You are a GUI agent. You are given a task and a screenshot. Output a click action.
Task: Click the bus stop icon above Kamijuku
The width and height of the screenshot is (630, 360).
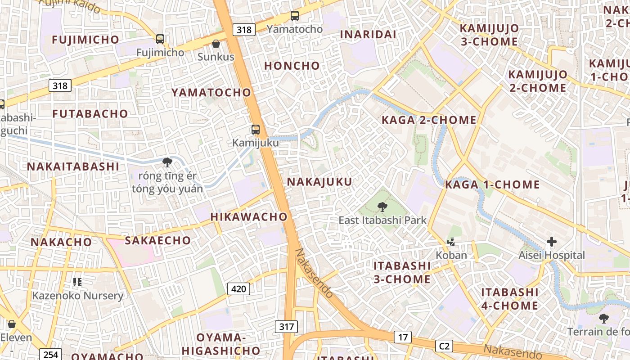[x=256, y=130]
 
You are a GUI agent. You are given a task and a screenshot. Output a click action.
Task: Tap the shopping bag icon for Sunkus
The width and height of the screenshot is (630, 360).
[x=216, y=44]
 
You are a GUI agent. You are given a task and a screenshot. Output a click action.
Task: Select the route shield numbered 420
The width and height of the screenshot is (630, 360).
[x=238, y=288]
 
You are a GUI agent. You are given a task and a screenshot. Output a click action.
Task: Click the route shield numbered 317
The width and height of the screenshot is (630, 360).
[x=286, y=326]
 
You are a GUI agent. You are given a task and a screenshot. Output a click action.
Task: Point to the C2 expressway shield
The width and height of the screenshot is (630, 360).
[x=444, y=346]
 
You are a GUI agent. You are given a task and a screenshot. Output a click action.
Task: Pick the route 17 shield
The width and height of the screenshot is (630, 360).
[x=402, y=337]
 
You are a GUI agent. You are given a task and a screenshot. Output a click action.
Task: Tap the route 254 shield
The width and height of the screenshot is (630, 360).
[x=50, y=355]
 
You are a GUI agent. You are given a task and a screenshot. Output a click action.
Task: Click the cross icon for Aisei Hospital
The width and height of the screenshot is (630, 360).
[x=551, y=242]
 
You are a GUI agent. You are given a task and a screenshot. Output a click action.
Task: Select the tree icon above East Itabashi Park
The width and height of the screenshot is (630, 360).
[x=382, y=207]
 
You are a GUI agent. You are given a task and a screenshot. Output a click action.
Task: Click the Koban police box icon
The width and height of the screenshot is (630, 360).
[x=451, y=242]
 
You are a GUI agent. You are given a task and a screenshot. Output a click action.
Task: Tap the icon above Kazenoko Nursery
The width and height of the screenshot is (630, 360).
[x=77, y=282]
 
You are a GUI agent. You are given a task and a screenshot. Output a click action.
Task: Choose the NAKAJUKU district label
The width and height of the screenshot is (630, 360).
[x=319, y=182]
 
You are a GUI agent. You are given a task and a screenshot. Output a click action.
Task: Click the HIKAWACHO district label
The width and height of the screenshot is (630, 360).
[x=249, y=216]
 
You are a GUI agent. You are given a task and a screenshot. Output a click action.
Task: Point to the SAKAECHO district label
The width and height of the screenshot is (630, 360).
[x=157, y=240]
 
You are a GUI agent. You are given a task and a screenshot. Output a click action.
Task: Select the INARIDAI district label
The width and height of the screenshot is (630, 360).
[x=368, y=35]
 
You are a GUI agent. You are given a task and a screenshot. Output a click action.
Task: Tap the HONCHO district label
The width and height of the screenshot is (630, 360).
[x=292, y=66]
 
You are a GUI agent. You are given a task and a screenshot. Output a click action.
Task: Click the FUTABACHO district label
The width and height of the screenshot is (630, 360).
[x=90, y=114]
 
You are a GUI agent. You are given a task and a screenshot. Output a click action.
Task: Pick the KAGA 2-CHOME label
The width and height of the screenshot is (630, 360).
[x=429, y=120]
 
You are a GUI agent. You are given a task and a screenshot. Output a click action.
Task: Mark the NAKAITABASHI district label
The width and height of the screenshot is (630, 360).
[x=73, y=166]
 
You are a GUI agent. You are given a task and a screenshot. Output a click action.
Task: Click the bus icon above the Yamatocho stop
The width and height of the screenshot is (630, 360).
[x=295, y=16]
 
